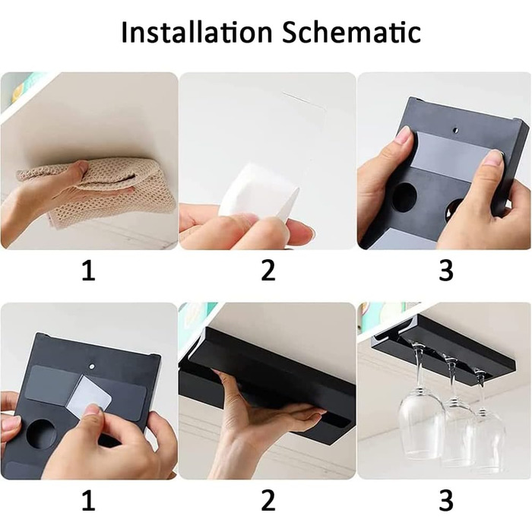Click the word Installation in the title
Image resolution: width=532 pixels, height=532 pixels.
197,32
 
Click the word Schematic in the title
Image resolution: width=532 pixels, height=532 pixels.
351,32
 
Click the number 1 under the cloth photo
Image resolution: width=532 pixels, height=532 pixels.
89,271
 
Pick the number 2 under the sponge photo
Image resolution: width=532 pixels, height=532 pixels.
268,271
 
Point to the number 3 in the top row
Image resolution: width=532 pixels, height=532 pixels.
446,271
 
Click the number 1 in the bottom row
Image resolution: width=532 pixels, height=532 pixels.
89,500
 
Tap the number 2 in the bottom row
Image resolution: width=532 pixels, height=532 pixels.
268,500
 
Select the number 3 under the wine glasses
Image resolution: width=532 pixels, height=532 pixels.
446,500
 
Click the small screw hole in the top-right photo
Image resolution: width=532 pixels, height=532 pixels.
456,130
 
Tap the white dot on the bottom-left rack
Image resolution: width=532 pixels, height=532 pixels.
92,366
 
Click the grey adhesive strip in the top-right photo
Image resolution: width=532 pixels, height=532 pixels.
454,156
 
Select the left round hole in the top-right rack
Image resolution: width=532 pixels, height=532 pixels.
404,197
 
